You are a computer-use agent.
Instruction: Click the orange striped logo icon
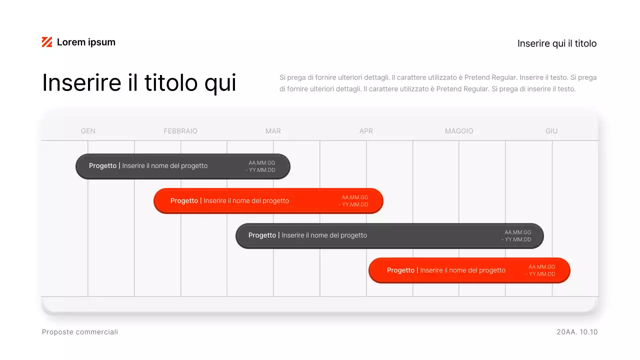[x=47, y=42]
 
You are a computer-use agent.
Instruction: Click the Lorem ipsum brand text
[x=86, y=42]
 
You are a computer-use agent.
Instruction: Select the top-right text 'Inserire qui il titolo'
[x=557, y=43]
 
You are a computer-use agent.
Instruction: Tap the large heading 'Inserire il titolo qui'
[x=139, y=82]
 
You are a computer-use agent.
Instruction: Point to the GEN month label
[x=88, y=131]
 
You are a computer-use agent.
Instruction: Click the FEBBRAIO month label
[x=180, y=131]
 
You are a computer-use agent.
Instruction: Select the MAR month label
[x=273, y=131]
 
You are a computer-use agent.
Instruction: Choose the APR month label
[x=366, y=131]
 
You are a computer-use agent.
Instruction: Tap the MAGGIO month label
[x=459, y=131]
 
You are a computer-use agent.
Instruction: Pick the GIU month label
[x=551, y=131]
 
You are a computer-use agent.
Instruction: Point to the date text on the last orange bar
[x=541, y=270]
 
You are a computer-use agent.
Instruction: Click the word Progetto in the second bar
[x=184, y=201]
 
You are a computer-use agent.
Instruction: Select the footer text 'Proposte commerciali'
[x=80, y=332]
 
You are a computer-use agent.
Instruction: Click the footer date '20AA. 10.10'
[x=577, y=332]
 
